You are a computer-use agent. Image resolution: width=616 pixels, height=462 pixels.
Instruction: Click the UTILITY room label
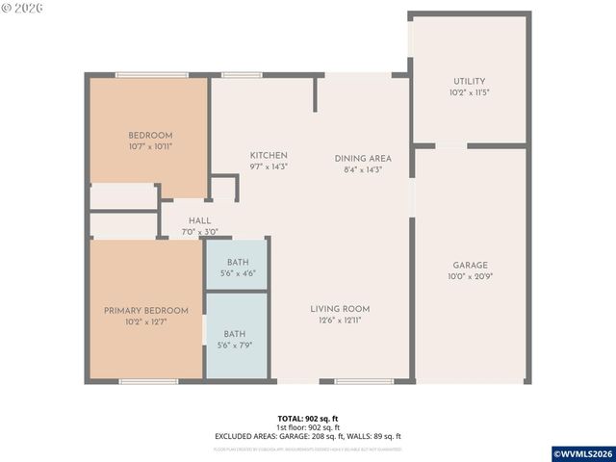[470, 82]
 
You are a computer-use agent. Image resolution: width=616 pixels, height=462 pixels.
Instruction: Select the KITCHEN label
[269, 156]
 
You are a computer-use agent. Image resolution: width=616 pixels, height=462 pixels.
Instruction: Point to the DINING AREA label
[363, 158]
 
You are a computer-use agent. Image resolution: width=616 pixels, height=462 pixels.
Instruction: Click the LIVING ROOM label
[340, 309]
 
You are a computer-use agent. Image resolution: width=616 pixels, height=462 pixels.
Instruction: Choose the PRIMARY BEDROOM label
[146, 310]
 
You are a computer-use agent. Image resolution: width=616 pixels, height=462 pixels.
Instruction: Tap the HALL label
[200, 220]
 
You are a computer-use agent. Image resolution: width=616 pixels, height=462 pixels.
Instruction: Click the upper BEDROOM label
[150, 135]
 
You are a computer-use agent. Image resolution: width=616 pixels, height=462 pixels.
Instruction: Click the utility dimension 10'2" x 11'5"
[470, 93]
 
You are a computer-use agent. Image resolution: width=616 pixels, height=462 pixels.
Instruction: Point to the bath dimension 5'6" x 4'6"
[237, 274]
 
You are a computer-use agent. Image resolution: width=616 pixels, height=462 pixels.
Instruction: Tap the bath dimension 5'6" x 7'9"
[236, 346]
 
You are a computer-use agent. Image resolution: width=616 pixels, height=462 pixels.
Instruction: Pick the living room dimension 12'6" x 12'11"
[340, 321]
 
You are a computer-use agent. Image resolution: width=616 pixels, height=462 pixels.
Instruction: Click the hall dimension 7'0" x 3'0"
[200, 232]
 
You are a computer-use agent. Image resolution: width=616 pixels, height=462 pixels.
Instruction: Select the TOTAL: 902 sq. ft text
[307, 418]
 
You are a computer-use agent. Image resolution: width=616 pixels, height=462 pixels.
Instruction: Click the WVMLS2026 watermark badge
[581, 453]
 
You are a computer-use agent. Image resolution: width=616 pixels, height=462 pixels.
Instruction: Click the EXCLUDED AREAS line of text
[307, 436]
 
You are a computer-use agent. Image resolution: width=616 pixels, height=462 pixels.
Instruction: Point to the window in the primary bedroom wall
[148, 382]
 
